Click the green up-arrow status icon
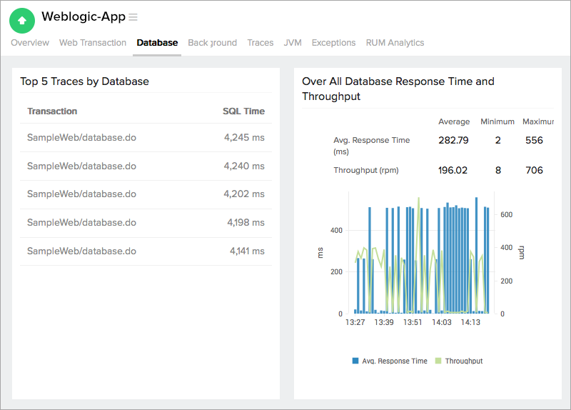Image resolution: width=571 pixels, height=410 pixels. pos(22,20)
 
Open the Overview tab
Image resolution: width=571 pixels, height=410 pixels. pos(30,43)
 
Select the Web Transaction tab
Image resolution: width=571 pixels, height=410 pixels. pos(93,43)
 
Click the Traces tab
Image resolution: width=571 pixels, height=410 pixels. pos(261,43)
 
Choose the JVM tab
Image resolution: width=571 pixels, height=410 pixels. pos(293,43)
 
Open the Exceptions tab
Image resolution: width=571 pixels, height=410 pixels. pos(333,43)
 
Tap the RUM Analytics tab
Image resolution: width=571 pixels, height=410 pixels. pos(395,43)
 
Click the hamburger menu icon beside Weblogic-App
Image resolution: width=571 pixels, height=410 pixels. pos(133,17)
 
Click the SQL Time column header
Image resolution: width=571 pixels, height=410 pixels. pos(243,111)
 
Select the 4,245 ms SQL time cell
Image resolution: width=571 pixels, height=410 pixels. pos(243,138)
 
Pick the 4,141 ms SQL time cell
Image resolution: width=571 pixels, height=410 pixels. pos(246,251)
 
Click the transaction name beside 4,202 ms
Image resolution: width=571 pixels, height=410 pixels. pos(81,194)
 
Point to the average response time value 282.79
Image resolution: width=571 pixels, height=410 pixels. pos(453,141)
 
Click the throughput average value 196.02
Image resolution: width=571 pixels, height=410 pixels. pos(453,171)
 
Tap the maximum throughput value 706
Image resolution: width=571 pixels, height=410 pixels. pos(534,171)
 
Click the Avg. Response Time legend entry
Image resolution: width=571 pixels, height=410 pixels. pos(390,361)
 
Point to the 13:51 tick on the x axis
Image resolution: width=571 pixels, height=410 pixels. pos(413,323)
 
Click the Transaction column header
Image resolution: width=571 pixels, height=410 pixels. pos(52,111)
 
